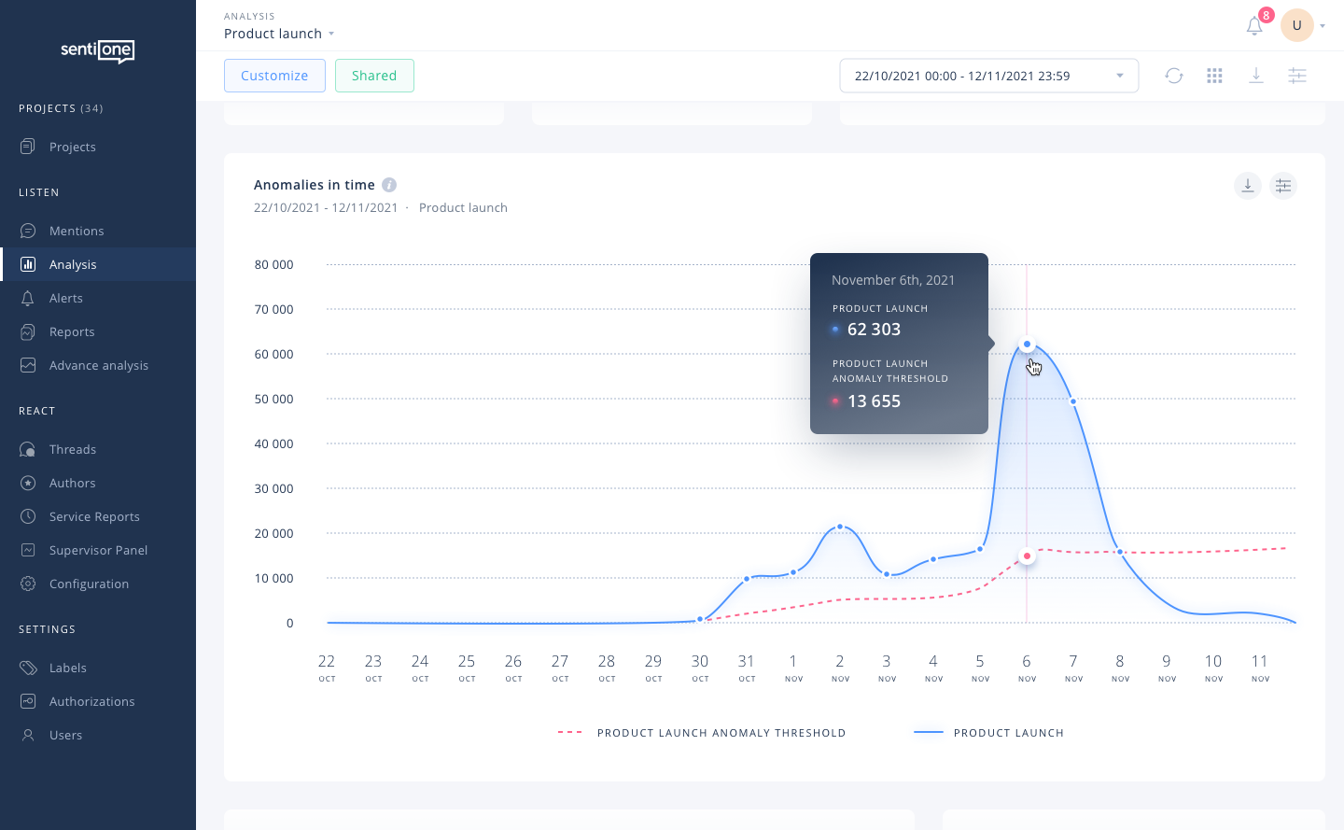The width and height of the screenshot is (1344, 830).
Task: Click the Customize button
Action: pyautogui.click(x=274, y=76)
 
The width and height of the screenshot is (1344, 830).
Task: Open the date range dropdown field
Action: pyautogui.click(x=988, y=76)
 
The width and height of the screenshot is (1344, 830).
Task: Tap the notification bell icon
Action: pyautogui.click(x=1254, y=26)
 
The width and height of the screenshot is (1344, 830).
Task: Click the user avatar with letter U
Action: pyautogui.click(x=1296, y=25)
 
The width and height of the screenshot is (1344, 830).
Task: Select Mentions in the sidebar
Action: pyautogui.click(x=77, y=231)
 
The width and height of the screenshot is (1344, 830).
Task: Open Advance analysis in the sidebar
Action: pyautogui.click(x=98, y=365)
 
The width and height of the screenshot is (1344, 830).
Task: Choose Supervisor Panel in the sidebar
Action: pyautogui.click(x=98, y=550)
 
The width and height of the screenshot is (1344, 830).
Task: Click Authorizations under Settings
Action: pyautogui.click(x=91, y=701)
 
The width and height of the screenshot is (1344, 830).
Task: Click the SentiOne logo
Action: pyautogui.click(x=98, y=50)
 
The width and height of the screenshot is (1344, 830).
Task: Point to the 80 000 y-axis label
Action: pyautogui.click(x=273, y=264)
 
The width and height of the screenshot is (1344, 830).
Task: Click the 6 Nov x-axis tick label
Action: pyautogui.click(x=1027, y=667)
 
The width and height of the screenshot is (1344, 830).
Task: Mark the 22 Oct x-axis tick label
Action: pyautogui.click(x=327, y=667)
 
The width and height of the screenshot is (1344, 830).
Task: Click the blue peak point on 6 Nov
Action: pyautogui.click(x=1027, y=345)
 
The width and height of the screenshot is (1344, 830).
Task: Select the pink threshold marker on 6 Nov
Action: pyautogui.click(x=1027, y=556)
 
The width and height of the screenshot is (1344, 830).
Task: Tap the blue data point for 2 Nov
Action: pyautogui.click(x=840, y=527)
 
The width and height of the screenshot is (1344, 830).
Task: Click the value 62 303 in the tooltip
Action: pyautogui.click(x=874, y=330)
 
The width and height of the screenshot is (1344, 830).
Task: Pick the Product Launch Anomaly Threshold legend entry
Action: pyautogui.click(x=721, y=733)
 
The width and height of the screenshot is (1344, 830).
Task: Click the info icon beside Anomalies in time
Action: pyautogui.click(x=389, y=185)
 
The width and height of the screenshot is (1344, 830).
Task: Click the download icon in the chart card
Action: pyautogui.click(x=1247, y=186)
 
